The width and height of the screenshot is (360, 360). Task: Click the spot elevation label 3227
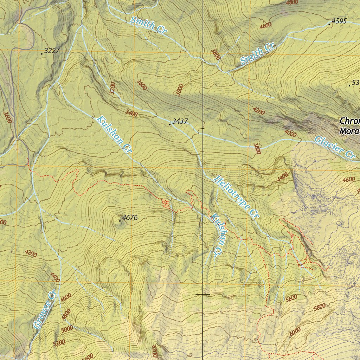(x=52, y=51)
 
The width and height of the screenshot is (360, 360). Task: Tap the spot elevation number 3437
(x=180, y=121)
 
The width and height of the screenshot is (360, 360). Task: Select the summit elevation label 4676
(x=130, y=218)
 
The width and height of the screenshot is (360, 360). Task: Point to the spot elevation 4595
(x=339, y=21)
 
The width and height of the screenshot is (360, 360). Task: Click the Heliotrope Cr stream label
(x=236, y=198)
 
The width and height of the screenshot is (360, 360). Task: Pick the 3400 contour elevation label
(x=131, y=113)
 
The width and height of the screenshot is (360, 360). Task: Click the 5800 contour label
(x=319, y=307)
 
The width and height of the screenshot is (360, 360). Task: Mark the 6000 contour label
(x=295, y=330)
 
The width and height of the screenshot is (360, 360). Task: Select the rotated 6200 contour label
(x=155, y=350)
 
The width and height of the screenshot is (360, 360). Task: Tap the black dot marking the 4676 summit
(x=120, y=221)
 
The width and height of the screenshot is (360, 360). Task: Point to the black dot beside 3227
(x=42, y=54)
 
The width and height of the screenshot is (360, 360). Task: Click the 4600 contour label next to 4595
(x=265, y=25)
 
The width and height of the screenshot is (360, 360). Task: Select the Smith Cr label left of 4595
(x=257, y=54)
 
